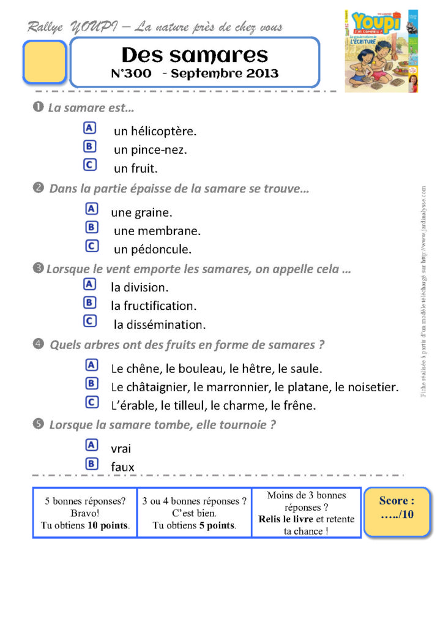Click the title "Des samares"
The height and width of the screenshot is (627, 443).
click(195, 54)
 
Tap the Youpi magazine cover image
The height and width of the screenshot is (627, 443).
click(381, 51)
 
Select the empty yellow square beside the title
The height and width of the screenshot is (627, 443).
click(44, 62)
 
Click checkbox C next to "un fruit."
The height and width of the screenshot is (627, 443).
click(89, 165)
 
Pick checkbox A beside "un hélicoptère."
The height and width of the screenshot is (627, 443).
click(89, 128)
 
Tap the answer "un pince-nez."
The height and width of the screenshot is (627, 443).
click(151, 149)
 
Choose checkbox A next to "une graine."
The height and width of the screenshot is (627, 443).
click(91, 209)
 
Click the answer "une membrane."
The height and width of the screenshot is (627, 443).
click(157, 231)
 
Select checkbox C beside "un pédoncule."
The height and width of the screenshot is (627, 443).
click(91, 246)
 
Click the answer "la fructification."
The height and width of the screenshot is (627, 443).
click(154, 306)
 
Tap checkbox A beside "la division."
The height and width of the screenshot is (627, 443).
click(89, 284)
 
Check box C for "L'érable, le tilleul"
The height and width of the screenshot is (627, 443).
click(91, 402)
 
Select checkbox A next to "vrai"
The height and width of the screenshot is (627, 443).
click(91, 445)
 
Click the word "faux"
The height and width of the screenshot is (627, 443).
click(122, 467)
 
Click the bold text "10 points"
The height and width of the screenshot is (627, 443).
click(108, 525)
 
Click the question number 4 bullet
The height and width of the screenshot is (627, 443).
click(39, 344)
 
